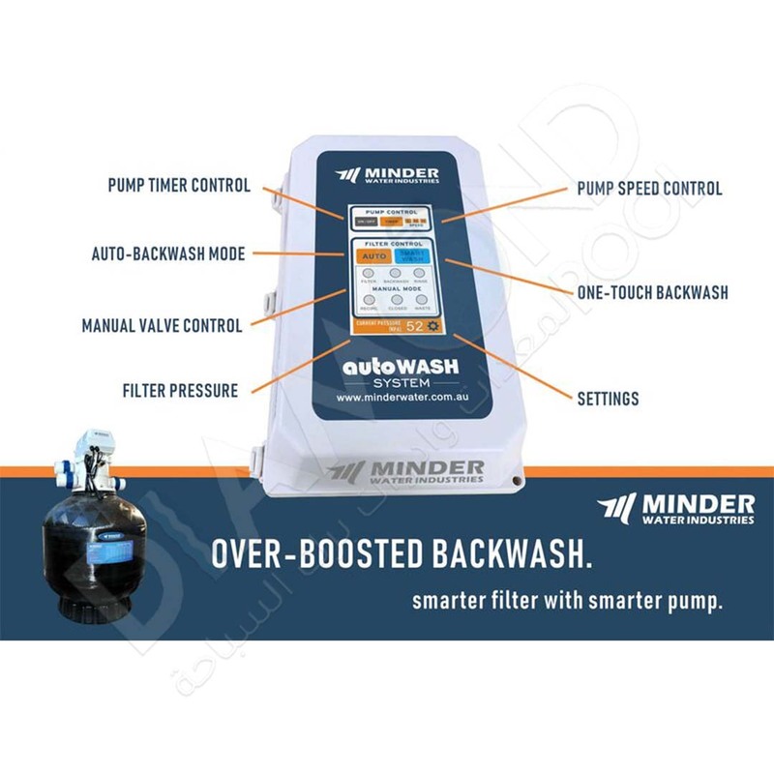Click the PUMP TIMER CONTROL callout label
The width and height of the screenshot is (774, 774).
click(x=180, y=186)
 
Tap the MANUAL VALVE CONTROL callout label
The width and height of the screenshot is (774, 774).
click(x=162, y=326)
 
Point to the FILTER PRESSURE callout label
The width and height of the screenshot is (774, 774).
click(x=180, y=392)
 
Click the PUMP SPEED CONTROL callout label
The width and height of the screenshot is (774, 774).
click(x=649, y=189)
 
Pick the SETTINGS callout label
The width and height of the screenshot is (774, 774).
click(x=608, y=398)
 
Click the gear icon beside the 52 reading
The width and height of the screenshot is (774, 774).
click(x=433, y=326)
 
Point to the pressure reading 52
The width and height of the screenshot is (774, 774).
click(x=414, y=326)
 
